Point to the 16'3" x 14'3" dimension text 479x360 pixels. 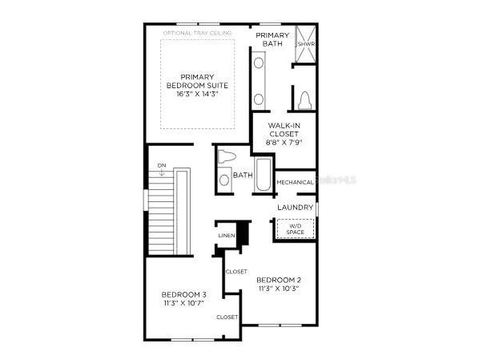tap(197, 94)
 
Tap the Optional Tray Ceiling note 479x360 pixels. tap(197, 33)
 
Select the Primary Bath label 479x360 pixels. tap(272, 39)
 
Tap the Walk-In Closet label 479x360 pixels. tap(284, 129)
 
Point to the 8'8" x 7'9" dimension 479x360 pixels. tap(284, 142)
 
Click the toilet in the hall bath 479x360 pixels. tap(227, 156)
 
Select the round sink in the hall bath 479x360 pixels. tap(224, 180)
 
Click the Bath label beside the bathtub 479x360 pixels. tap(243, 175)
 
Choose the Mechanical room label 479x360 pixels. tap(295, 182)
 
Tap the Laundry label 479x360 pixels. tap(295, 208)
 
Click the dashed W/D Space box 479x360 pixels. tap(295, 229)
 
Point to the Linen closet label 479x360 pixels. tap(227, 236)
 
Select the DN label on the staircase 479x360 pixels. tap(161, 166)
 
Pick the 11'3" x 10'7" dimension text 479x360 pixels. tap(183, 302)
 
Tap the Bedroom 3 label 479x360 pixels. tap(183, 293)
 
